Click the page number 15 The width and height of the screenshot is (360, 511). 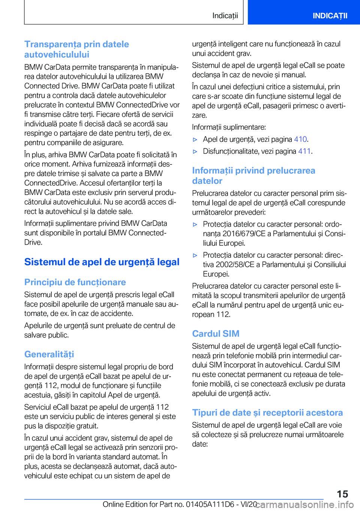342,494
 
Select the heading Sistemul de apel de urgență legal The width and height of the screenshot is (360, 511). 102,262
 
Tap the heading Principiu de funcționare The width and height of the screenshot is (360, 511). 75,282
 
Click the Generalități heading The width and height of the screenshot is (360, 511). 49,354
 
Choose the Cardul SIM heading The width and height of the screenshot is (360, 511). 216,334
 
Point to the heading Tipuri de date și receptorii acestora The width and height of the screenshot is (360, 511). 267,413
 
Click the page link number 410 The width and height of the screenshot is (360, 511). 300,139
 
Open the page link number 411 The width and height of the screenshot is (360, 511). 304,151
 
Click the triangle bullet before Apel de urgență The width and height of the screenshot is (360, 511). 195,140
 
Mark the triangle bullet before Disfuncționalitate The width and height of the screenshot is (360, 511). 195,152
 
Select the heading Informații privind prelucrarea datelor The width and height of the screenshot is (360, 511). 253,176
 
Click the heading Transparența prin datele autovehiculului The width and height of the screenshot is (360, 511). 76,49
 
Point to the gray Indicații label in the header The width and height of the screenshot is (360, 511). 225,16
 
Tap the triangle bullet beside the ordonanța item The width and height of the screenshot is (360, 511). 195,224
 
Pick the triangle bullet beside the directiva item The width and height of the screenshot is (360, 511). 195,255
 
